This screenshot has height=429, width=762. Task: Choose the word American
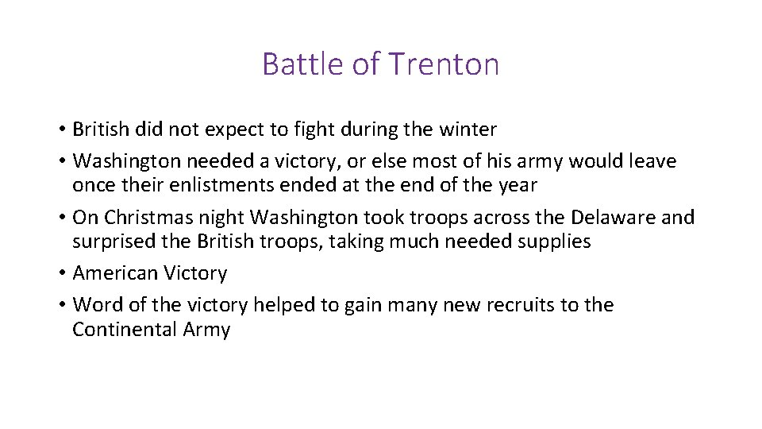[x=114, y=273]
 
